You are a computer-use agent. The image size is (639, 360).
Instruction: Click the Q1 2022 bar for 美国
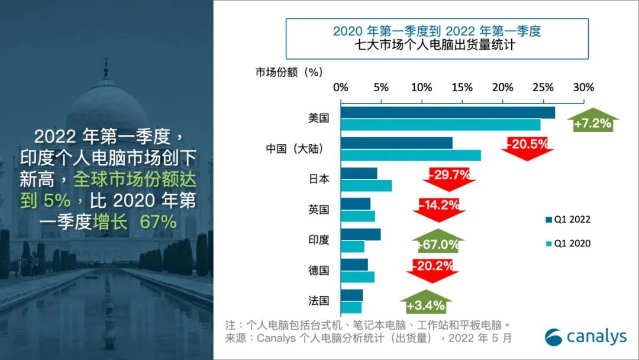[x=448, y=112]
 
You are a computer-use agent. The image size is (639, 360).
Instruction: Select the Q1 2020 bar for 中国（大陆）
[x=411, y=155]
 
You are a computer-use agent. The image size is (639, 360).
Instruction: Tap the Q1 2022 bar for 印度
[x=361, y=234]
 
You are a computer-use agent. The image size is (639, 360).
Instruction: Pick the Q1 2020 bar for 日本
[x=366, y=185]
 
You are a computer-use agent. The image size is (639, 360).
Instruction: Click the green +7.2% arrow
[x=592, y=123]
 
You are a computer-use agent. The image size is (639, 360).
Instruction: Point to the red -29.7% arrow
[x=449, y=178]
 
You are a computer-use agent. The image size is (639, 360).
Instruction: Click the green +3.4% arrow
[x=425, y=304]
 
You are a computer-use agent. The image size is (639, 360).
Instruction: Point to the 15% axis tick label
[x=462, y=88]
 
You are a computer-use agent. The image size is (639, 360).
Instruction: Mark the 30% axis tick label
[x=583, y=88]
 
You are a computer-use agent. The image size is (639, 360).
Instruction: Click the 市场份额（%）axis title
[x=288, y=72]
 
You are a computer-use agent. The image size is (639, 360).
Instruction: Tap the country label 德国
[x=318, y=271]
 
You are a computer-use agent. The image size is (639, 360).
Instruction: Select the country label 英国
[x=318, y=210]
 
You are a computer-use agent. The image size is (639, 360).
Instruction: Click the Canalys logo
[x=585, y=336]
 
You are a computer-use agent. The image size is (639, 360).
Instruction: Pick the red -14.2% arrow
[x=439, y=208]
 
